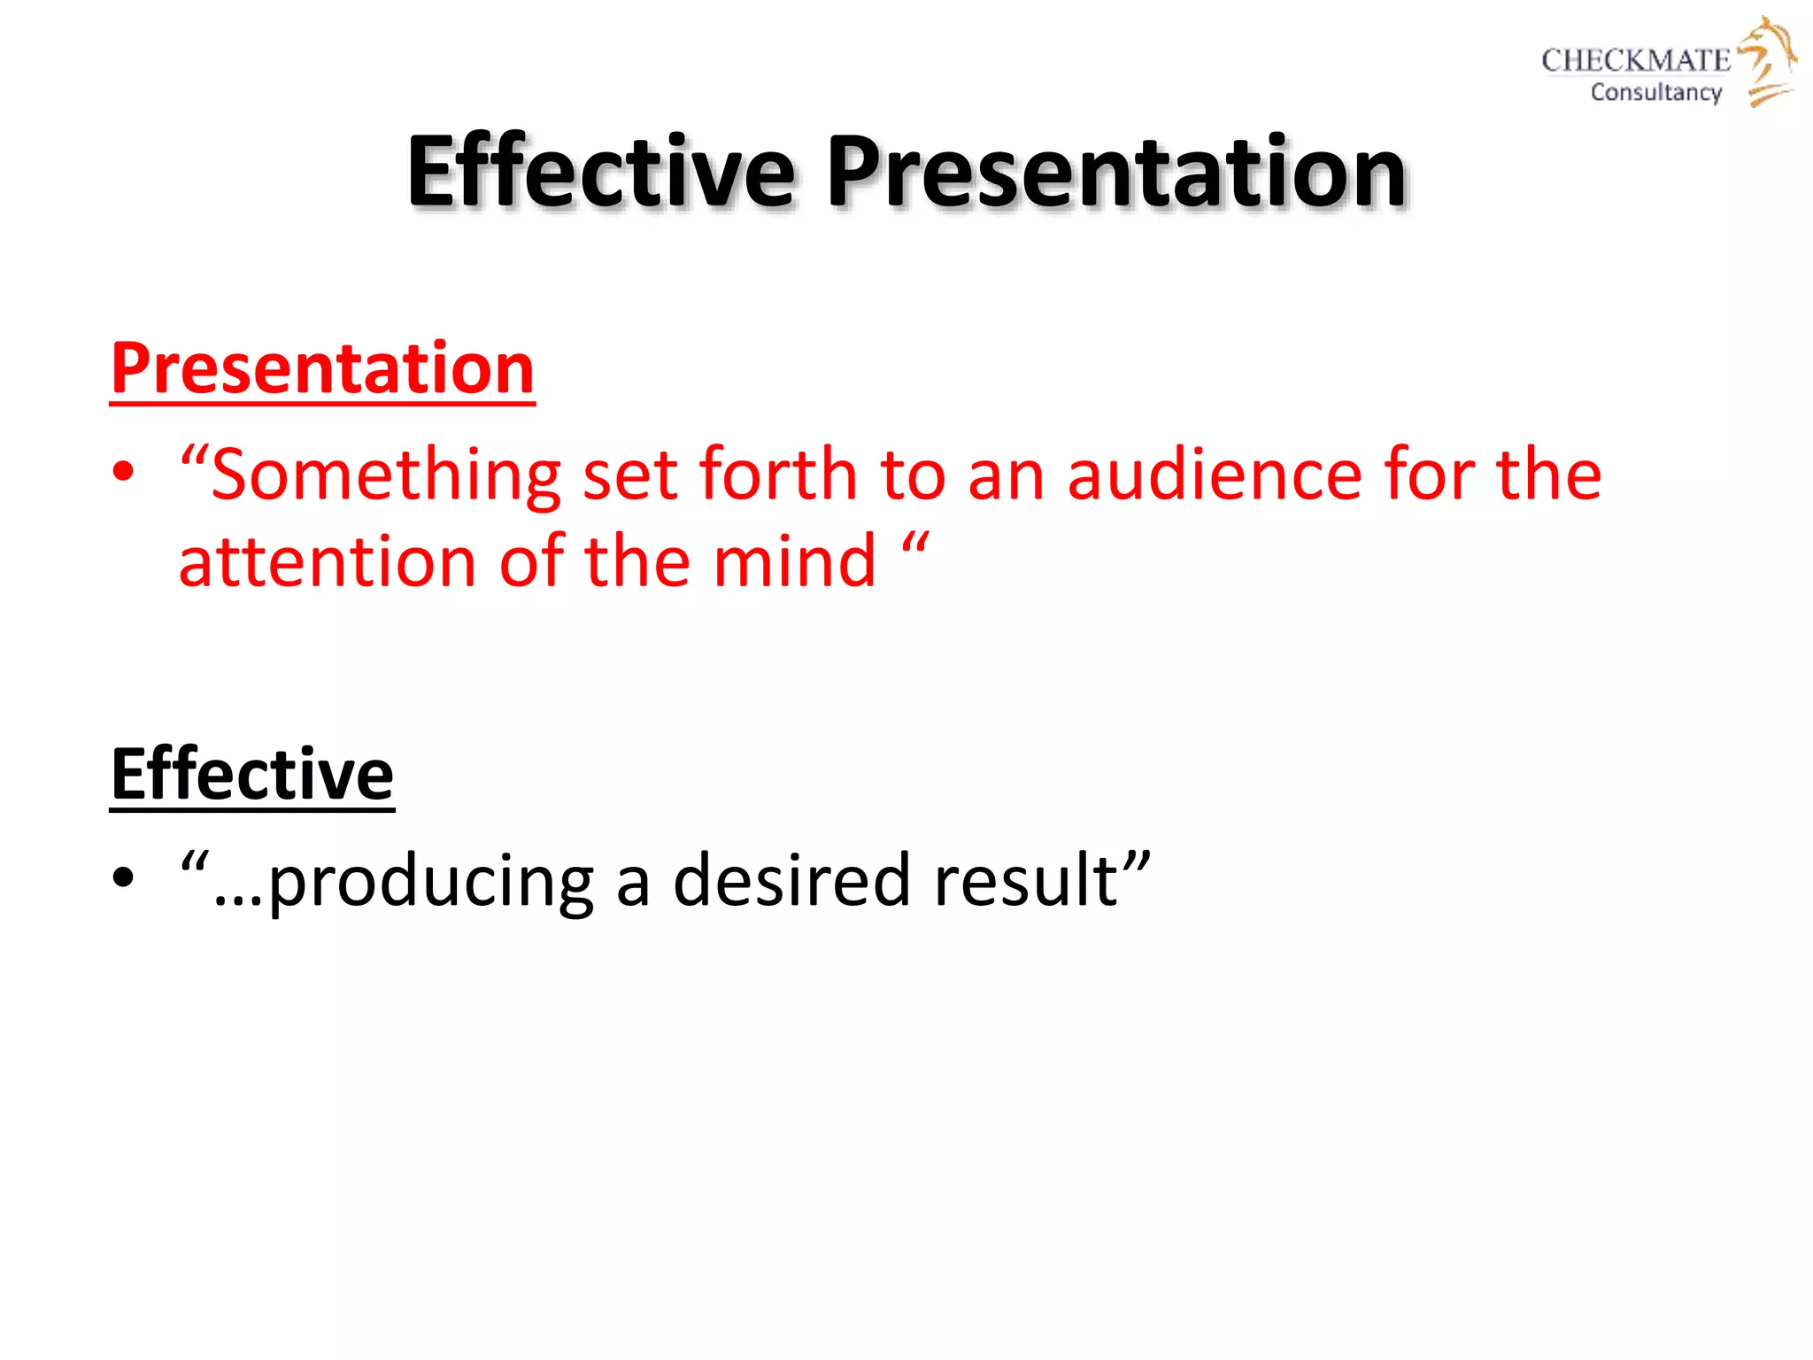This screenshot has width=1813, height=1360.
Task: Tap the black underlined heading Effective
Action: coord(252,774)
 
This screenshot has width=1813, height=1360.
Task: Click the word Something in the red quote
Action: coord(386,475)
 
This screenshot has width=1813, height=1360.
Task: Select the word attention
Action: coord(328,562)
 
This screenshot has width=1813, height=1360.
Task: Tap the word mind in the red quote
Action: coord(794,562)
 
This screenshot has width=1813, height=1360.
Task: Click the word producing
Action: coord(430,881)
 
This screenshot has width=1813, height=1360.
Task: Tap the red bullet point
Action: coord(123,472)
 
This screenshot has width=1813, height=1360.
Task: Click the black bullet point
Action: coord(123,877)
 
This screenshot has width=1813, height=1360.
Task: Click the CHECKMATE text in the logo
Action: coord(1635,60)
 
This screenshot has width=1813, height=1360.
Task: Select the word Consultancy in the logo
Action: coord(1655,92)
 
